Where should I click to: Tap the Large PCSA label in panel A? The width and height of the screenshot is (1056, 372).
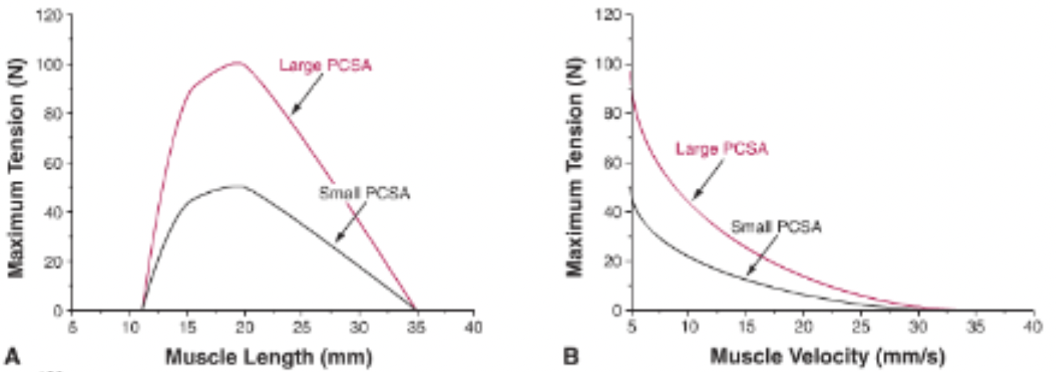(x=325, y=65)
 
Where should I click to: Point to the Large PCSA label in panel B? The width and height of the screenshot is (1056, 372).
(x=722, y=148)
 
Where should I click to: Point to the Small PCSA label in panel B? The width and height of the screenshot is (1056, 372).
(x=776, y=226)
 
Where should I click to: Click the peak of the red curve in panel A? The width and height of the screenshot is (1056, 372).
(x=238, y=62)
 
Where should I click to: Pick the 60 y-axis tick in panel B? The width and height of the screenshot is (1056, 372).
(x=615, y=163)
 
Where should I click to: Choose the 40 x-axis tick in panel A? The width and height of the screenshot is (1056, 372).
(x=474, y=327)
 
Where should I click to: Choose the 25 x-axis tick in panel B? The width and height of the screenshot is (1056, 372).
(x=861, y=327)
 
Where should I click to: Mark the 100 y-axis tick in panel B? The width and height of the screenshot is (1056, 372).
(x=612, y=64)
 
